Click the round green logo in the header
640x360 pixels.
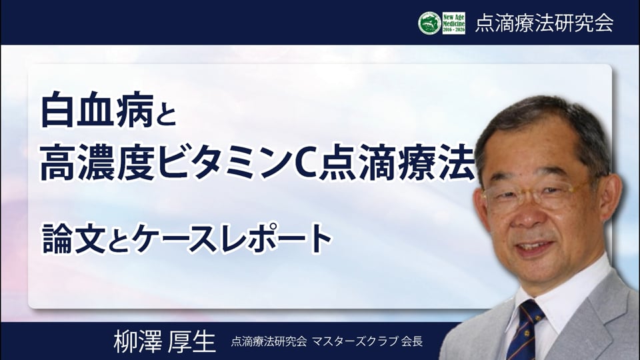(429, 23)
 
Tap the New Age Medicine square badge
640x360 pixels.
(454, 23)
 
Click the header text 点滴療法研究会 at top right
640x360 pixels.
(544, 23)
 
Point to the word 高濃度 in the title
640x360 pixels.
(97, 163)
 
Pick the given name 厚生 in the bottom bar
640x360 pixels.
(191, 341)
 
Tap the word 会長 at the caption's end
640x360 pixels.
(411, 341)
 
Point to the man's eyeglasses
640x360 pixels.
(538, 195)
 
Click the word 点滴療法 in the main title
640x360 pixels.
(397, 163)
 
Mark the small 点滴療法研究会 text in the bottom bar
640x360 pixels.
(269, 341)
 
